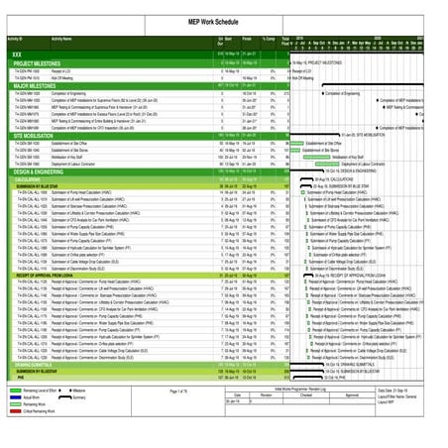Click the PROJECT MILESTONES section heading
coord(39,62)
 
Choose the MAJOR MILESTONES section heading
coord(35,86)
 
